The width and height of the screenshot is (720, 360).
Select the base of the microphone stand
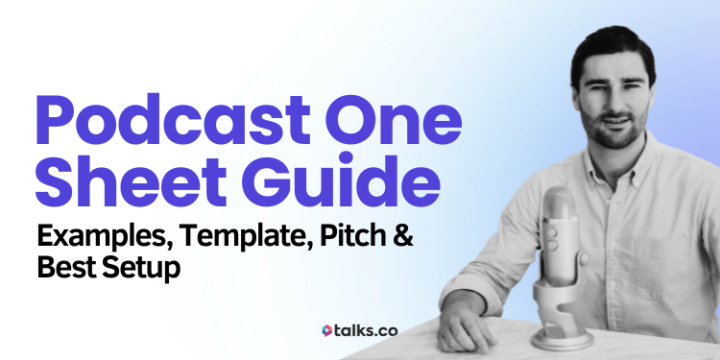(566, 338)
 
